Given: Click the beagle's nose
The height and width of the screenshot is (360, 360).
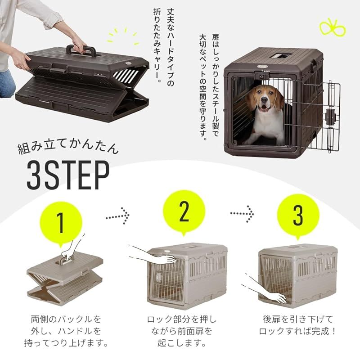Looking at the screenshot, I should (x=265, y=105).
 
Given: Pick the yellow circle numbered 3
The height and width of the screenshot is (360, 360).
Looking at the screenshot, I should (x=298, y=216).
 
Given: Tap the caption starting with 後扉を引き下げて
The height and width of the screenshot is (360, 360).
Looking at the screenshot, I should (x=298, y=325).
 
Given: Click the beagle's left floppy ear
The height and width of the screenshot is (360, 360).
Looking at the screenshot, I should (x=252, y=100).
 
